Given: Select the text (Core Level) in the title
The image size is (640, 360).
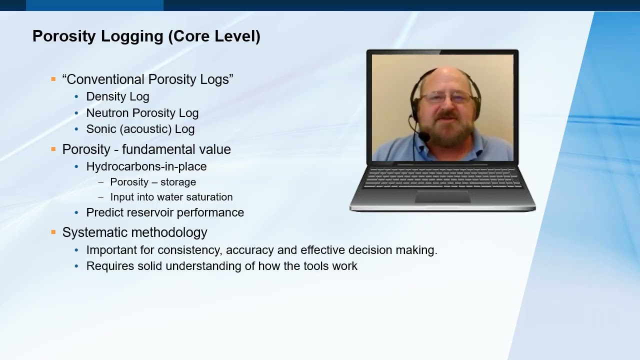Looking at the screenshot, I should (x=214, y=36).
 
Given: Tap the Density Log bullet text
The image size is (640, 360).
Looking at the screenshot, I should (x=117, y=97).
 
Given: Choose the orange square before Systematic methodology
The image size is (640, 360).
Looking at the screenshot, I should (x=53, y=232).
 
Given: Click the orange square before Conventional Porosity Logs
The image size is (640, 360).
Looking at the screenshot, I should (x=53, y=79).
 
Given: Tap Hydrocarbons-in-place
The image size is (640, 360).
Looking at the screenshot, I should (x=146, y=166).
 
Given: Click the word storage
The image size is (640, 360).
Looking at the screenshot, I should (x=178, y=182).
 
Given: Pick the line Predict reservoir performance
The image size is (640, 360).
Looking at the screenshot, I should (x=165, y=212).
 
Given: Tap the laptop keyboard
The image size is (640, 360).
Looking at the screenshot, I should (x=442, y=177).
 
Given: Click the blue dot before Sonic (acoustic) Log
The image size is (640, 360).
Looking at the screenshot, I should (x=76, y=129).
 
